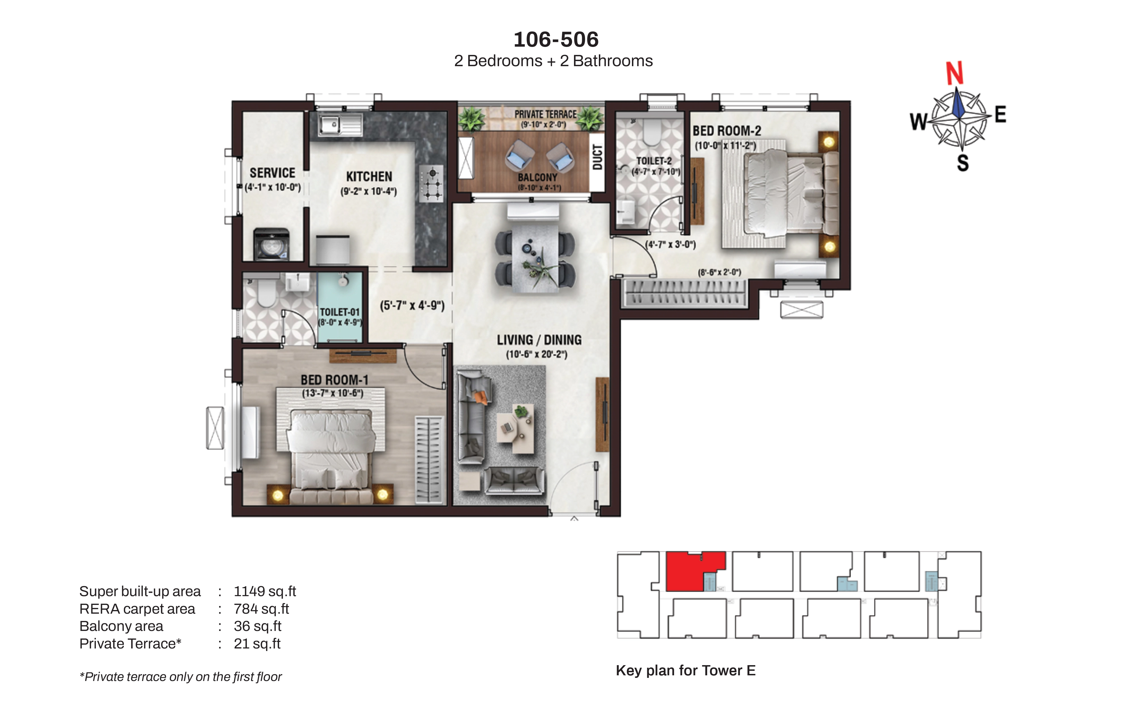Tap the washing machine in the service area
[x=271, y=244]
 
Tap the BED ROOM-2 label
[x=727, y=131]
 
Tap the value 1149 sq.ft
[x=265, y=592]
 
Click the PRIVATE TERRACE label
[x=545, y=114]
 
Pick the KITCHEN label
[x=369, y=177]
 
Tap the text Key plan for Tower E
[x=686, y=671]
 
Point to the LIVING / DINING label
[x=539, y=340]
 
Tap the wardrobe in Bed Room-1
[x=429, y=459]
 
